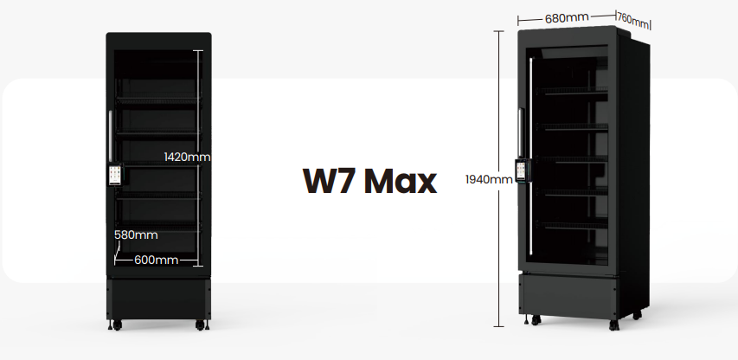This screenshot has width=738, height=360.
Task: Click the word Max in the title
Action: click(x=401, y=181)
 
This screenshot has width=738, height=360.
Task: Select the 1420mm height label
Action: click(x=188, y=157)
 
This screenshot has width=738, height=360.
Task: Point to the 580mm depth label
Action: click(x=136, y=235)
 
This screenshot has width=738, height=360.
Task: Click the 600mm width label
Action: click(x=157, y=260)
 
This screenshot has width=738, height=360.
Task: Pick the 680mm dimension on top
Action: click(x=567, y=18)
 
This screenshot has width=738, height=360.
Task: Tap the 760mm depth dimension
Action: click(x=632, y=20)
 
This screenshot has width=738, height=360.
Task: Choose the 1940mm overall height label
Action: click(x=489, y=179)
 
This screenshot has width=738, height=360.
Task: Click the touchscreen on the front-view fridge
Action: click(x=116, y=175)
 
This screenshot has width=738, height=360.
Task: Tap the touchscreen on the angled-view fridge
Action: click(x=522, y=170)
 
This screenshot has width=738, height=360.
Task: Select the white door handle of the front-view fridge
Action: click(x=110, y=137)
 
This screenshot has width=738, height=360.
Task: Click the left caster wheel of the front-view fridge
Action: click(x=116, y=325)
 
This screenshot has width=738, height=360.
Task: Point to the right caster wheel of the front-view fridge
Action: click(x=200, y=325)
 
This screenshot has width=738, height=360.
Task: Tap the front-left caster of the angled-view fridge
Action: click(x=536, y=320)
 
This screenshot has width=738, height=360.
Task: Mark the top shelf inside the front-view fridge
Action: click(x=158, y=100)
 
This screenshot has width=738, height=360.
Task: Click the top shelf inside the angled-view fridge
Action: click(x=572, y=91)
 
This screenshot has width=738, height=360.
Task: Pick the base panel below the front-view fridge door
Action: click(x=158, y=299)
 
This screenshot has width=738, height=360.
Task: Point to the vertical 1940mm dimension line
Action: click(x=499, y=179)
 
